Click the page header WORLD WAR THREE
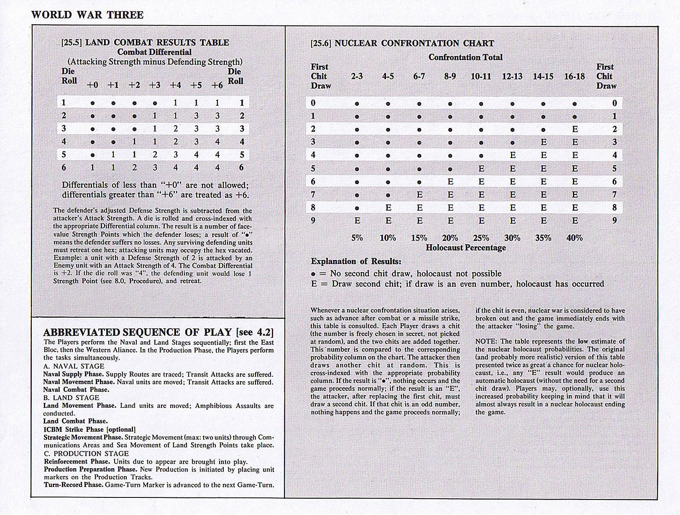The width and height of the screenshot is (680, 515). (87, 15)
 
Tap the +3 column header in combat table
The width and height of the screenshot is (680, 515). (155, 85)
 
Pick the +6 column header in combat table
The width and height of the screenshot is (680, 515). (217, 85)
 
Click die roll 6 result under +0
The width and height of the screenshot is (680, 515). (92, 168)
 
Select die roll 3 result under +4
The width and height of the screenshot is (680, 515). (176, 129)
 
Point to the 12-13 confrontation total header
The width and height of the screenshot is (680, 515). (512, 76)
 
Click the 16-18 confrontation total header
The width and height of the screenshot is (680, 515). (574, 76)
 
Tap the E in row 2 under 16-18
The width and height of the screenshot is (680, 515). (575, 129)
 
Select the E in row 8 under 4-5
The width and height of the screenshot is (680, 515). (388, 208)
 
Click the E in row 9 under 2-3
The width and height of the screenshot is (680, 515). (357, 221)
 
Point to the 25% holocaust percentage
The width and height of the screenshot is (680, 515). (481, 238)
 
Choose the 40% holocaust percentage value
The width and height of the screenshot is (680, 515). (575, 238)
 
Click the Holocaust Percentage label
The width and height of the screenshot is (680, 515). (465, 247)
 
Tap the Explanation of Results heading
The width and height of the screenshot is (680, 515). (355, 262)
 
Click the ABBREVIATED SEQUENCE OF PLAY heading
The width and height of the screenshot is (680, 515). (158, 332)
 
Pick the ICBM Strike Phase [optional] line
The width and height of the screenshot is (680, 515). (89, 429)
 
